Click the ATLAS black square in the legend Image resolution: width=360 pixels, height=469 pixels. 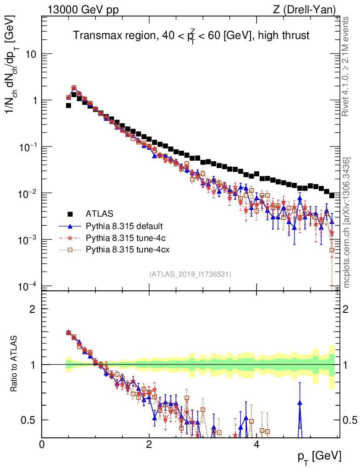[70, 213]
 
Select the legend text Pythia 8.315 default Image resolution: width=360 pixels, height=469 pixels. [124, 226]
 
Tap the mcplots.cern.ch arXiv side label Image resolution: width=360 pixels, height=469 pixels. [347, 223]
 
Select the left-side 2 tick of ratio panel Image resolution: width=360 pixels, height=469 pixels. [33, 309]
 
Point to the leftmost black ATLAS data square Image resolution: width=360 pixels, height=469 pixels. [68, 105]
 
